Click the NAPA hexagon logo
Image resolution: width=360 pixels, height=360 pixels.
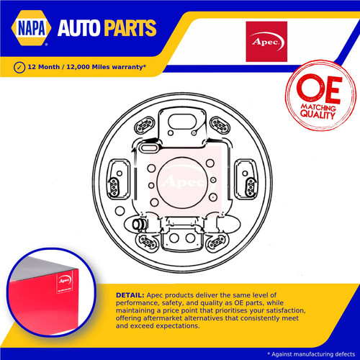(31, 28)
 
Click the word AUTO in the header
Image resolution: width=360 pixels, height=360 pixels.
(78, 28)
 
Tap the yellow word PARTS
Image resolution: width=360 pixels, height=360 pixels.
(130, 28)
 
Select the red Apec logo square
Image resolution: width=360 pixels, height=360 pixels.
(266, 42)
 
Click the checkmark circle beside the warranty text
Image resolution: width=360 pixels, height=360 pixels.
(19, 68)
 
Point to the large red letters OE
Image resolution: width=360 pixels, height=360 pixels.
(319, 88)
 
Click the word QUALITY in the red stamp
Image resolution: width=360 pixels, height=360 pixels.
(318, 114)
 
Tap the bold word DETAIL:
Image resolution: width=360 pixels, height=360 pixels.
(130, 295)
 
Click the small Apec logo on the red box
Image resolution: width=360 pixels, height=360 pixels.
(65, 280)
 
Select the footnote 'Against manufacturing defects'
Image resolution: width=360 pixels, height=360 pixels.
(313, 354)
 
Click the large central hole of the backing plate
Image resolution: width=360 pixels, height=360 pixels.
(183, 183)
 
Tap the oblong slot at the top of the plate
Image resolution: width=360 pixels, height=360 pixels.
(182, 122)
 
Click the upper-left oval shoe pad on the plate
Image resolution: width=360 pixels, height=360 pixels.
(145, 125)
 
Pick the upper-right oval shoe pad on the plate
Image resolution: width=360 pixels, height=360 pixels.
(220, 125)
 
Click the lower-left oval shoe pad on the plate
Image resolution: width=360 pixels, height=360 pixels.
(147, 242)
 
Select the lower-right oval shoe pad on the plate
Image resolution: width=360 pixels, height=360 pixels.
(217, 242)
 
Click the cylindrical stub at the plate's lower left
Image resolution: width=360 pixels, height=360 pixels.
(138, 224)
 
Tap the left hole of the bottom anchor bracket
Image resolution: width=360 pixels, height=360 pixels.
(174, 238)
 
